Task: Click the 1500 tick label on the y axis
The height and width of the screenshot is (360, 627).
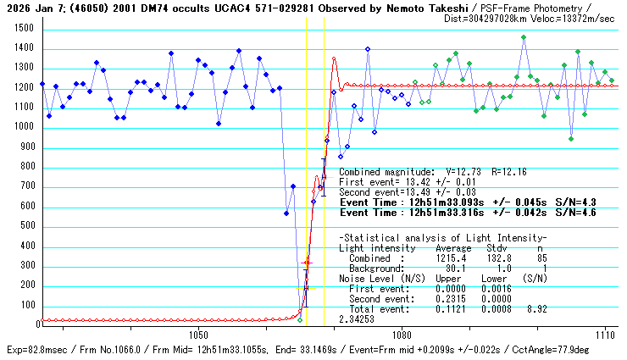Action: click(x=23, y=28)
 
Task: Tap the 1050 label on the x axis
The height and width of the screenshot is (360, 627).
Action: click(x=197, y=335)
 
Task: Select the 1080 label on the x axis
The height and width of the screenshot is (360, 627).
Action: click(x=402, y=335)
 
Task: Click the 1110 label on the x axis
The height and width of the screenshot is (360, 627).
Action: click(x=605, y=335)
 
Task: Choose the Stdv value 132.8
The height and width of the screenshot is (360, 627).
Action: click(x=497, y=258)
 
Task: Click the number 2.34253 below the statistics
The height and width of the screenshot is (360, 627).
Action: click(x=357, y=319)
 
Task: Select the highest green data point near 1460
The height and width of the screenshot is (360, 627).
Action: click(x=524, y=37)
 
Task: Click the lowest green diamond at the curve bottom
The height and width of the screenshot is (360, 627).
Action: click(x=300, y=319)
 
